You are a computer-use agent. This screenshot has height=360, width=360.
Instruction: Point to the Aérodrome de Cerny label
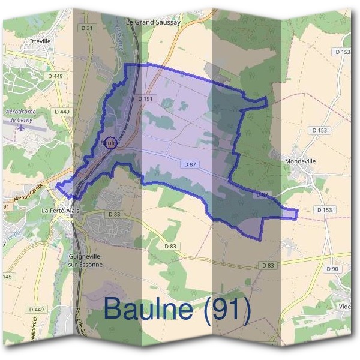click(x=20, y=115)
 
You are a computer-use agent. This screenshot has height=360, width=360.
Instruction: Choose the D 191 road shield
click(x=146, y=98)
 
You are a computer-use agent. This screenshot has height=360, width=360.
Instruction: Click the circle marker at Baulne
click(x=110, y=143)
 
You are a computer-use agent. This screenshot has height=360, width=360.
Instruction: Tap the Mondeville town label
click(x=301, y=161)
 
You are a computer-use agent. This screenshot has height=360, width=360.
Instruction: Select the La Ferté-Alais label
click(x=60, y=212)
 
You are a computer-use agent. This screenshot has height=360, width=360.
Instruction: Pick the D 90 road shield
click(x=332, y=269)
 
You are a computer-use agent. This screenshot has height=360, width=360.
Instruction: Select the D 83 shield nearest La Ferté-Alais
click(x=115, y=214)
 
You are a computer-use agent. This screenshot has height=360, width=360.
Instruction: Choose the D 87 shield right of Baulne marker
click(x=190, y=164)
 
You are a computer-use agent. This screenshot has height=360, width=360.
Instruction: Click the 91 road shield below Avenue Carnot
click(x=7, y=206)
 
